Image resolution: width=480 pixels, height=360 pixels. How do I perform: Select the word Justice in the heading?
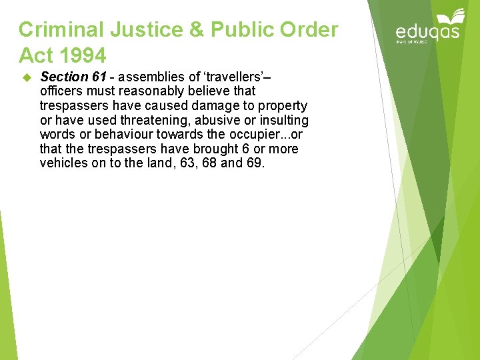click(141, 30)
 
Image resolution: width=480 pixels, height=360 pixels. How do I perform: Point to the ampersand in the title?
click(194, 30)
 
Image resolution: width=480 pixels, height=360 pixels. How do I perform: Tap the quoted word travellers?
click(241, 77)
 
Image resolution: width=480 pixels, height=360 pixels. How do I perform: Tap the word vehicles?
click(64, 163)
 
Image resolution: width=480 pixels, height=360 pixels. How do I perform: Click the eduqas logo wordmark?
click(427, 33)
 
